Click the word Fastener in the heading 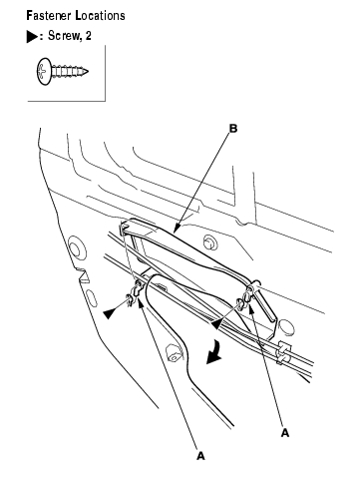[49, 16]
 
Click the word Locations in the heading [101, 16]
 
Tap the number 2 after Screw [88, 35]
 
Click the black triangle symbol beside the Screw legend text [32, 36]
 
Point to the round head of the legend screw [44, 71]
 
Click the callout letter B [233, 129]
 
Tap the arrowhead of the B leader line [176, 229]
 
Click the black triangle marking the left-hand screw [110, 313]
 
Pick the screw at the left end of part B [131, 298]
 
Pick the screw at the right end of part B [240, 302]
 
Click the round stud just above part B [209, 242]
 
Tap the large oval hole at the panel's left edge [75, 247]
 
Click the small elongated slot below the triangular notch [92, 298]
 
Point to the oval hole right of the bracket [286, 327]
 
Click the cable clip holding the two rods [283, 352]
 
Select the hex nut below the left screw [174, 353]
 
